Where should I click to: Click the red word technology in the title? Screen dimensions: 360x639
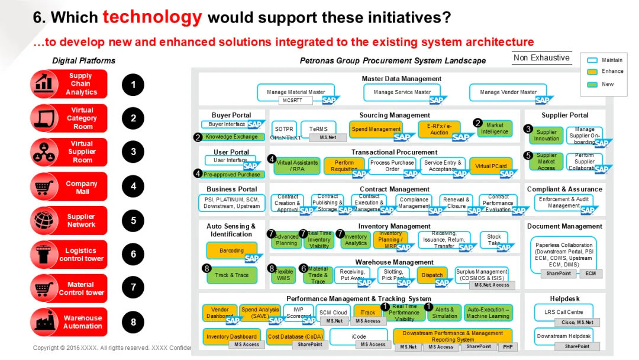point(152,17)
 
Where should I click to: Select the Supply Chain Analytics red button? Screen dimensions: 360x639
point(69,84)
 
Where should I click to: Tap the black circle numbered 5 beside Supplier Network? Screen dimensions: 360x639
point(133,221)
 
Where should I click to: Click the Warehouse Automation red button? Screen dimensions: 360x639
point(69,322)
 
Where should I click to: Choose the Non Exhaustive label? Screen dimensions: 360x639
point(541,58)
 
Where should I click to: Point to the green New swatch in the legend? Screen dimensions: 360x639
point(592,84)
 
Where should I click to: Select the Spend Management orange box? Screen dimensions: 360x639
point(376,129)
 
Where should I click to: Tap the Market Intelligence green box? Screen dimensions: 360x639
point(494,128)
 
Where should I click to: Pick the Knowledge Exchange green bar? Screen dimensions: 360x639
point(231,137)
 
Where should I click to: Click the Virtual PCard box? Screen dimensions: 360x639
point(490,166)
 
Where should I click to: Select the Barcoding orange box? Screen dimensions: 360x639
point(231,250)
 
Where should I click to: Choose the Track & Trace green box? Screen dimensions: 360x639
point(231,275)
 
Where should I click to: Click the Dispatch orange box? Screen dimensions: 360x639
point(433,275)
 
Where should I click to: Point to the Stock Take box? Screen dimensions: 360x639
point(493,240)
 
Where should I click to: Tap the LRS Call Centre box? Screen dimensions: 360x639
point(563,312)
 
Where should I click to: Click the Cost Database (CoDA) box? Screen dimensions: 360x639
point(294,337)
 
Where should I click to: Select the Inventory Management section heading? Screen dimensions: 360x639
point(394,226)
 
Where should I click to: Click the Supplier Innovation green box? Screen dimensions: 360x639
point(546,136)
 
